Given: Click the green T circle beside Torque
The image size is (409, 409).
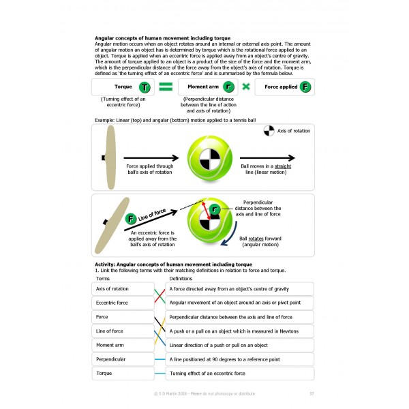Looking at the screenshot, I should [x=144, y=87].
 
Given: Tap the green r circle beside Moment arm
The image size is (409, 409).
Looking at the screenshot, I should [x=228, y=87].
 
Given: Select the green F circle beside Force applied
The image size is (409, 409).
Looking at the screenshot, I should [x=307, y=87].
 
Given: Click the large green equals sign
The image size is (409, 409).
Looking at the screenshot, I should [x=166, y=87].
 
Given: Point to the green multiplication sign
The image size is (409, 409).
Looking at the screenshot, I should [x=245, y=87].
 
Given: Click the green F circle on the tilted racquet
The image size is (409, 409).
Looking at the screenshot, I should [x=130, y=219].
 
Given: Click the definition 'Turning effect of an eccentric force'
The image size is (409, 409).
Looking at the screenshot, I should [x=239, y=373].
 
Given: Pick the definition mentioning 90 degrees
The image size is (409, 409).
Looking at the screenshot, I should [x=239, y=359].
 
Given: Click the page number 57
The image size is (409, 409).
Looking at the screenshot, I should [x=312, y=393].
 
